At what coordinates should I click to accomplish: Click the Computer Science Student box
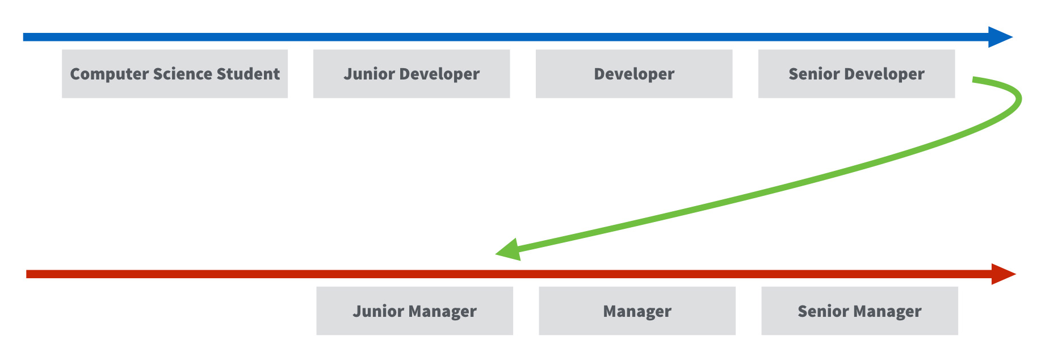[175, 74]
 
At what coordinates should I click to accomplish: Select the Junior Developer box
[412, 74]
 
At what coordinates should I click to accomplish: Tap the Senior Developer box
[857, 74]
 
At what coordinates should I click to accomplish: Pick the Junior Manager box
[415, 311]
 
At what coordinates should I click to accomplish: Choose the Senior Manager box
[860, 311]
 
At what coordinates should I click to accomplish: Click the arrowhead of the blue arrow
[1000, 37]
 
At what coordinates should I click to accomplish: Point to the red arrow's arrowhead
[1004, 274]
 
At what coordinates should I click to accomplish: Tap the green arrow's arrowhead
[509, 250]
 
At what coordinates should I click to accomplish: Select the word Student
[249, 74]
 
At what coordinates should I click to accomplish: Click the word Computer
[110, 74]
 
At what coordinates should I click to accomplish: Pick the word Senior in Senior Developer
[814, 74]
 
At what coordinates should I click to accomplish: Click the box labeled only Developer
[634, 74]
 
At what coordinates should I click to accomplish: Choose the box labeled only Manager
[637, 311]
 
